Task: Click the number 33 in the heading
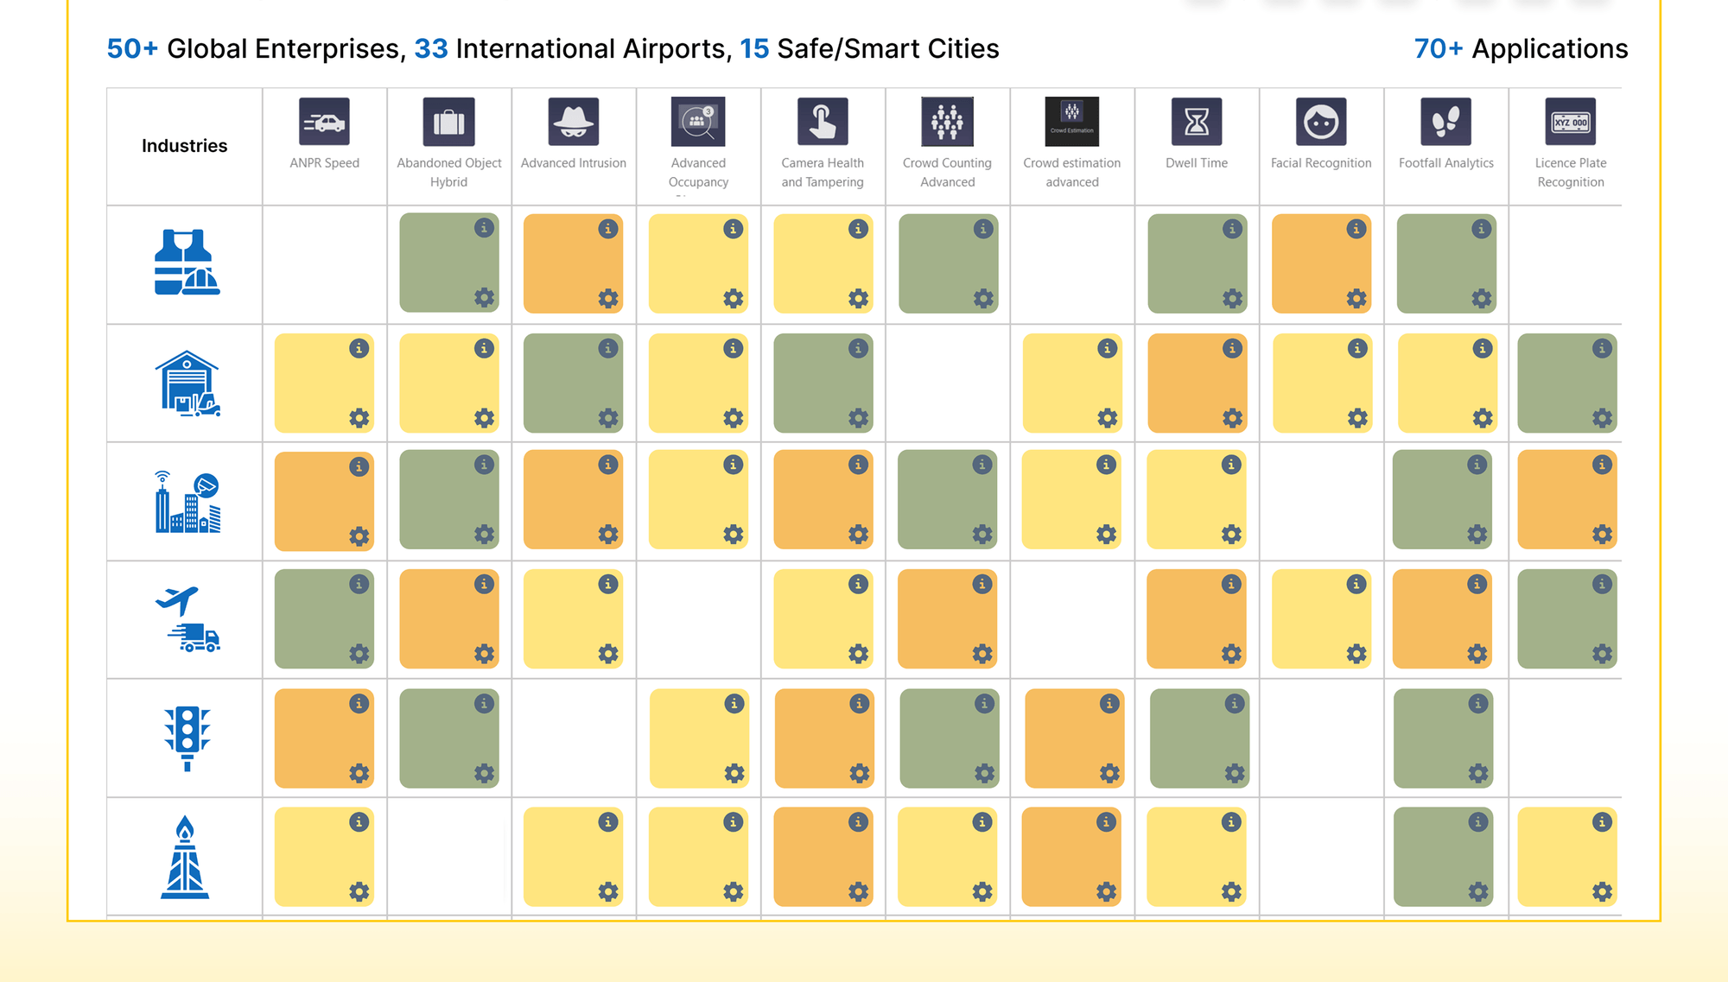click(x=430, y=49)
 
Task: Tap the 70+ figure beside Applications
click(x=1438, y=49)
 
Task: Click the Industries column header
click(x=184, y=146)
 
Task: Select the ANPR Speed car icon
click(x=324, y=122)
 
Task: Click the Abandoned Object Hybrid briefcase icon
click(x=448, y=122)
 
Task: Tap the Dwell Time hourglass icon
click(x=1197, y=122)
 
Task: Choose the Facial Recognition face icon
click(x=1321, y=122)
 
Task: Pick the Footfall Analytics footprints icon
click(x=1445, y=122)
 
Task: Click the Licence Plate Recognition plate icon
click(x=1570, y=122)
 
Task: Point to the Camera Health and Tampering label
click(x=823, y=172)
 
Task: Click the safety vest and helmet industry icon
click(x=186, y=263)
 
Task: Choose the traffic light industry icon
click(x=187, y=738)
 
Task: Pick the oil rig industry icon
click(x=185, y=857)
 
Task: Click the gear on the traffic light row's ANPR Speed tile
click(x=359, y=773)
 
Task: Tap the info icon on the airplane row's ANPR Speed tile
click(x=359, y=585)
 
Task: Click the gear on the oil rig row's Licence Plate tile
click(x=1602, y=891)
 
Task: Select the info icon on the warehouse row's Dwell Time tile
click(x=1232, y=348)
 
